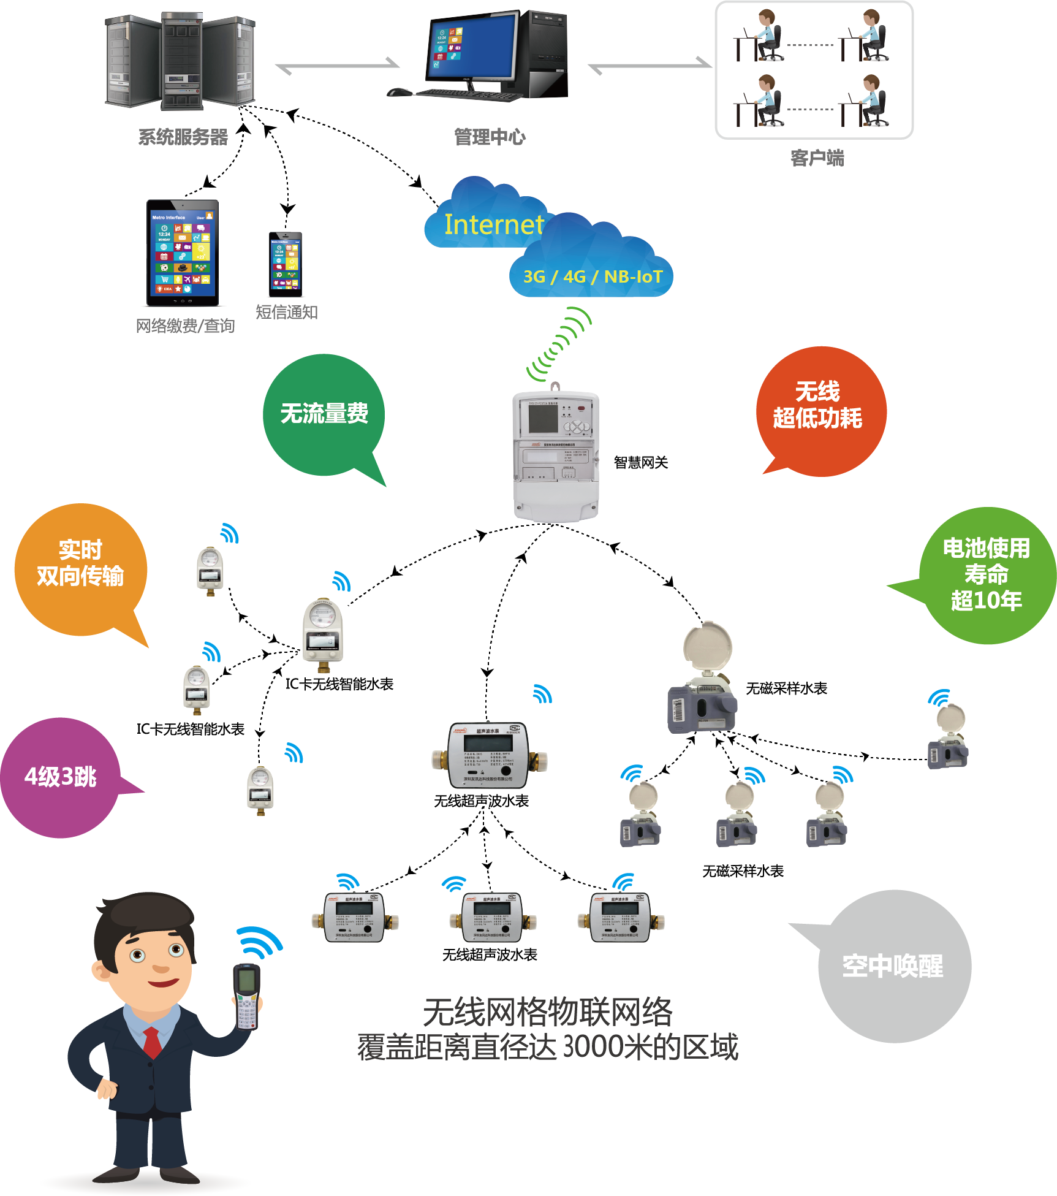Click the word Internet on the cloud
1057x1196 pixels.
coord(494,225)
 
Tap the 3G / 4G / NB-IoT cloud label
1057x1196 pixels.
coord(593,277)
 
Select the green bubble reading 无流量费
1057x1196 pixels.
coord(324,414)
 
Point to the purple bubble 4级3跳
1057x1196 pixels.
coord(60,777)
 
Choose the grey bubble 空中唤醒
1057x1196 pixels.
coord(893,966)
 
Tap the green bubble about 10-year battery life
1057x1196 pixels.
coord(986,574)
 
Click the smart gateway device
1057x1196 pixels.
coord(555,455)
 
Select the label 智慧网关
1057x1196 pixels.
coord(640,463)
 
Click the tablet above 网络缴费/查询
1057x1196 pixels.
coord(183,253)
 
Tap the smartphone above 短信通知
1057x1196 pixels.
coord(286,264)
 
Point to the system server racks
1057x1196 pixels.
coord(180,61)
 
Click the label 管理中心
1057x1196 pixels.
coord(490,137)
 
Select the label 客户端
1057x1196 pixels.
coord(817,159)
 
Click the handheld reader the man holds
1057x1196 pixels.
coord(247,996)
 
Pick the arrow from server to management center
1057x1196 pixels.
coord(337,66)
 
